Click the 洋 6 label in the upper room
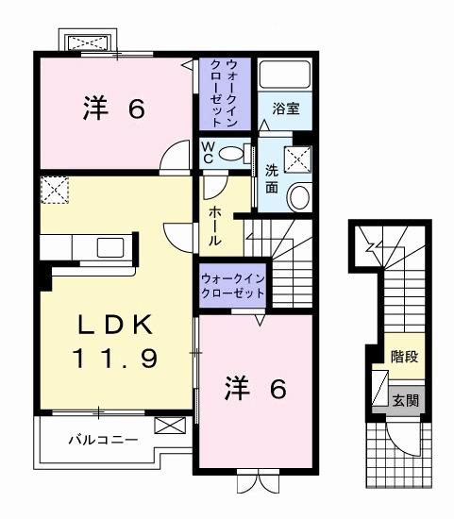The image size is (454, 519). (113, 110)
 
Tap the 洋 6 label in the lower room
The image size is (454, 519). (254, 389)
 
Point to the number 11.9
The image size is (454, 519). (116, 359)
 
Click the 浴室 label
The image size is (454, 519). (287, 109)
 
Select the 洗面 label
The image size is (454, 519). (271, 178)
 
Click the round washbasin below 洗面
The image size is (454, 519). (298, 197)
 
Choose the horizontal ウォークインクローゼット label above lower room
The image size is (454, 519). (231, 286)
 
